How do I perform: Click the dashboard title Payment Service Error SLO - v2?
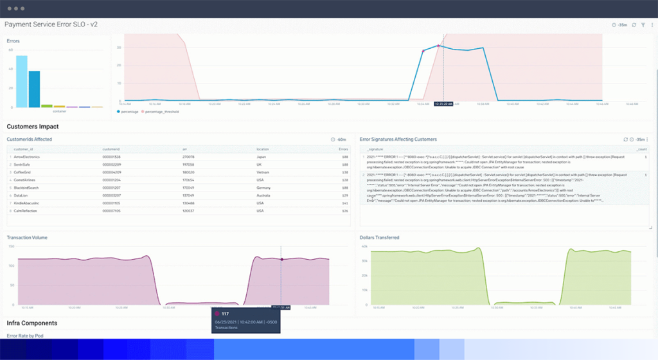51,24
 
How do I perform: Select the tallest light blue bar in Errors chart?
22,82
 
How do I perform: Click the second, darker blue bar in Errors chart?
34,89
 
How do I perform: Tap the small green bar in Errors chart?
46,105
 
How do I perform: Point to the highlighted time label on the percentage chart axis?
443,103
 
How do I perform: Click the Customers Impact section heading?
33,127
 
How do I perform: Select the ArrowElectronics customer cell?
27,157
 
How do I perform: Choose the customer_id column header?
24,149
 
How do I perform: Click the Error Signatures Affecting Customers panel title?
398,139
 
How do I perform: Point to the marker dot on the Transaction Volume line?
281,260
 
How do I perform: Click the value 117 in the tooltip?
226,314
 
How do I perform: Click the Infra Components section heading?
32,323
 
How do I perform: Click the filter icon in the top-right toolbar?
643,25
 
